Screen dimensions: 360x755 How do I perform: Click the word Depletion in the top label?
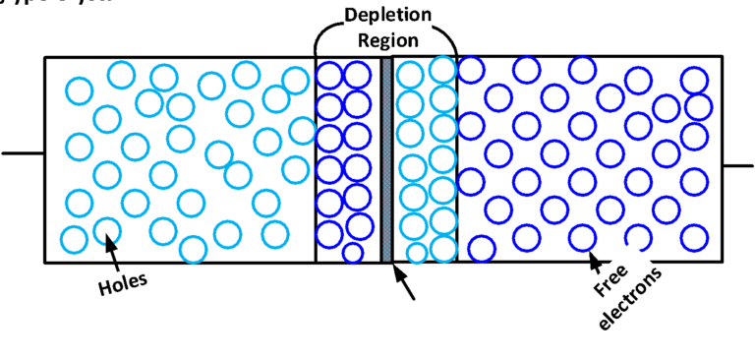click(387, 17)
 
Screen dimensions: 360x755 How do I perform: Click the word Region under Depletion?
click(387, 40)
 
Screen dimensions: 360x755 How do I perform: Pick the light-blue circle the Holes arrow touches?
click(106, 232)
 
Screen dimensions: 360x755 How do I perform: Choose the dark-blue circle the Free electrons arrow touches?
click(582, 237)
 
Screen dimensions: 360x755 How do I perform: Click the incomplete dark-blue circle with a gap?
click(639, 237)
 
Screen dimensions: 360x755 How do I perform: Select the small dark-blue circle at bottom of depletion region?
click(352, 253)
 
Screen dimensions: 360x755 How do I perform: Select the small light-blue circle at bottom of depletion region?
click(417, 253)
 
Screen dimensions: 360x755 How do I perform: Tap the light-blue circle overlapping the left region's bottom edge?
click(193, 250)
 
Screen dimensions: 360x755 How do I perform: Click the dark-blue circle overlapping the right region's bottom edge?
click(481, 250)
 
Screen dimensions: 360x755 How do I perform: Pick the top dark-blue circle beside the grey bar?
click(357, 75)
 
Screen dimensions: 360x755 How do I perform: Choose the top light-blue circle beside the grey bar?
click(410, 74)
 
